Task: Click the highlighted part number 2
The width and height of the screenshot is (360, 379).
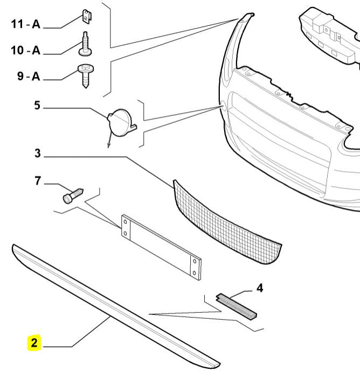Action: coord(34,342)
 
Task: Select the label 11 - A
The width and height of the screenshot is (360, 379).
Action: coord(25,24)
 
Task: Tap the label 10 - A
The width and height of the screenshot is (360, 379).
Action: coord(25,50)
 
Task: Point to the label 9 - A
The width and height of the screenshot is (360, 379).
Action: coord(28,76)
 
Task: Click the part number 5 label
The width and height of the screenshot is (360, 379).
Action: coord(37,105)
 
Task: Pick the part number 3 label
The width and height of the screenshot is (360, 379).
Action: coord(37,153)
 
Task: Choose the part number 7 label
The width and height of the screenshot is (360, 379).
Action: coord(38,180)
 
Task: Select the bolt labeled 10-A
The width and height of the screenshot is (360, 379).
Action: coord(85,45)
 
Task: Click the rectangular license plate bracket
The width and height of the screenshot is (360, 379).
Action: coord(161,247)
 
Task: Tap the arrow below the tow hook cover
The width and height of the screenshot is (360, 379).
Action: coord(108,141)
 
